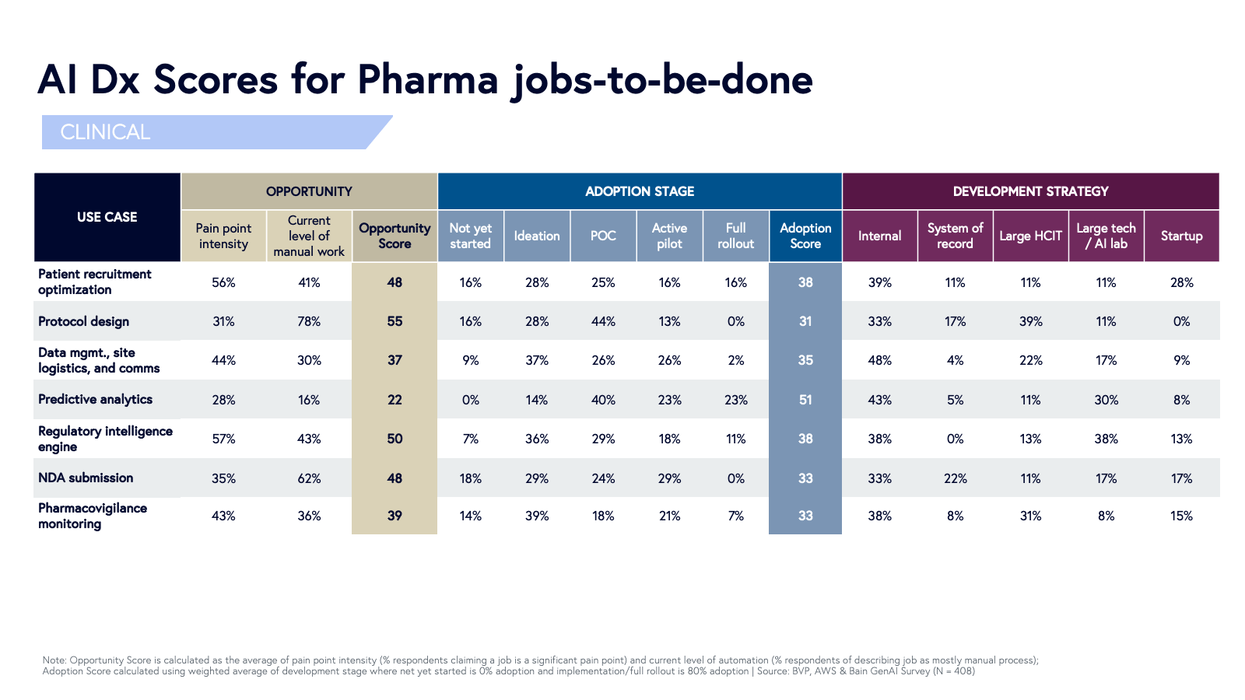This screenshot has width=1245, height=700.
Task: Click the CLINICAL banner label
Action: pyautogui.click(x=105, y=132)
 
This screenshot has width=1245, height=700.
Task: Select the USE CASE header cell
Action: pyautogui.click(x=107, y=217)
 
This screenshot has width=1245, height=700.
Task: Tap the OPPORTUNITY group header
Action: pyautogui.click(x=309, y=191)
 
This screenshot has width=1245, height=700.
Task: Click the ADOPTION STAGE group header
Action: pyautogui.click(x=640, y=191)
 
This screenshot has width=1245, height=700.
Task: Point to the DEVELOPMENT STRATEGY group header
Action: pyautogui.click(x=1030, y=191)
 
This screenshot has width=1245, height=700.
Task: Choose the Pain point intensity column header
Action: pyautogui.click(x=223, y=236)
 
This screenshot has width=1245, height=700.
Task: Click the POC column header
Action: pyautogui.click(x=603, y=236)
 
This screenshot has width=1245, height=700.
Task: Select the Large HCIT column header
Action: pyautogui.click(x=1030, y=236)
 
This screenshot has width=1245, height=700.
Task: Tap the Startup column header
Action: pyautogui.click(x=1181, y=236)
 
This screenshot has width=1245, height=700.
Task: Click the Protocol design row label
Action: pyautogui.click(x=83, y=321)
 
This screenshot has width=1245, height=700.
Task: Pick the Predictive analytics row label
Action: pyautogui.click(x=95, y=399)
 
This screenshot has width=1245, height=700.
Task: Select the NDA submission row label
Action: pyautogui.click(x=86, y=478)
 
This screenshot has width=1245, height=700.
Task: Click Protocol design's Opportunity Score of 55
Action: pyautogui.click(x=395, y=321)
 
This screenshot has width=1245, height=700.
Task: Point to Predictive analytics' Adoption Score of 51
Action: pyautogui.click(x=805, y=400)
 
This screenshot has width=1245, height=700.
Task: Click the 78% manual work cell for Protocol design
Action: pyautogui.click(x=309, y=321)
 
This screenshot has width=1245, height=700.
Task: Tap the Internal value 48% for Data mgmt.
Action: pyautogui.click(x=879, y=360)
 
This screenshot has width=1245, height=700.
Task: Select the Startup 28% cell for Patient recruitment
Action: pyautogui.click(x=1181, y=282)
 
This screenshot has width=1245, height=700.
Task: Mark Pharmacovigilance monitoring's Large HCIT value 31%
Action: pyautogui.click(x=1030, y=516)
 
